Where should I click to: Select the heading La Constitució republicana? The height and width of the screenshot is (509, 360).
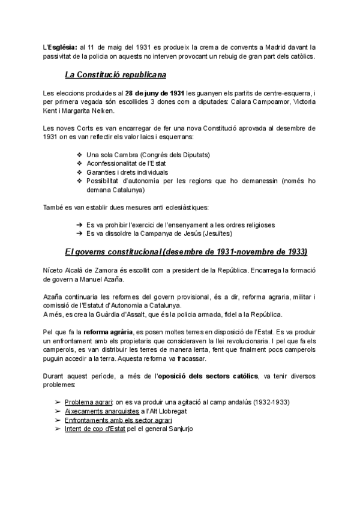click(x=116, y=75)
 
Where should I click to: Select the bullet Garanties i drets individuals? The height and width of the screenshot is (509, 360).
click(x=127, y=172)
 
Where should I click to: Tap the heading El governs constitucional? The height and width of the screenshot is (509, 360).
click(x=185, y=251)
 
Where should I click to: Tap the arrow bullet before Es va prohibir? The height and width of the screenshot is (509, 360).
click(x=80, y=224)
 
